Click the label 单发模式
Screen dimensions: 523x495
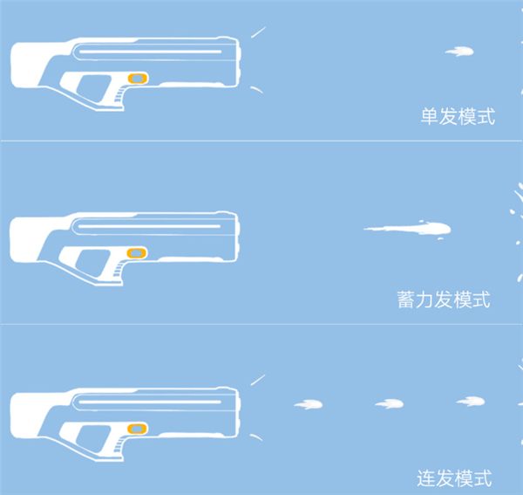click(x=458, y=116)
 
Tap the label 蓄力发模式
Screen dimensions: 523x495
click(x=444, y=299)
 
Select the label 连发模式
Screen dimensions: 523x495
click(x=454, y=478)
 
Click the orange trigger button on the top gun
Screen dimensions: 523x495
click(x=138, y=79)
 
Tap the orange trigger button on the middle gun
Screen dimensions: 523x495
click(x=137, y=253)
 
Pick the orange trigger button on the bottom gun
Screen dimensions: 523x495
click(x=138, y=429)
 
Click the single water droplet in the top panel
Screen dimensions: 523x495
click(x=459, y=52)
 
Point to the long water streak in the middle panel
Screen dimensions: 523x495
click(x=407, y=229)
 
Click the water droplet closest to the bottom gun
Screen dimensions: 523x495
click(x=309, y=404)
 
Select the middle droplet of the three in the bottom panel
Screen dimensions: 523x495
click(x=390, y=404)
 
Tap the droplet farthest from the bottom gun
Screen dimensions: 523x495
click(x=471, y=401)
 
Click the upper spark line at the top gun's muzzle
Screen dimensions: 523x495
click(x=258, y=32)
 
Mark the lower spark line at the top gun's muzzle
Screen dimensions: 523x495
click(x=257, y=90)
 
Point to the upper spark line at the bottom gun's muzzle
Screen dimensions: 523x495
click(x=258, y=380)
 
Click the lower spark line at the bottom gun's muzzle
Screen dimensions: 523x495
click(x=256, y=437)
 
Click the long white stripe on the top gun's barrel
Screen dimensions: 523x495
click(x=151, y=52)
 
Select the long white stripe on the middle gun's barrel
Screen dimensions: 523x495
click(x=149, y=226)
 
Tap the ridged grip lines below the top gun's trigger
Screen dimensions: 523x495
click(x=119, y=95)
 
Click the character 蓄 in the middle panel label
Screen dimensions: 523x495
click(x=406, y=299)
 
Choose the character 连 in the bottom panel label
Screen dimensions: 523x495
click(x=426, y=478)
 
